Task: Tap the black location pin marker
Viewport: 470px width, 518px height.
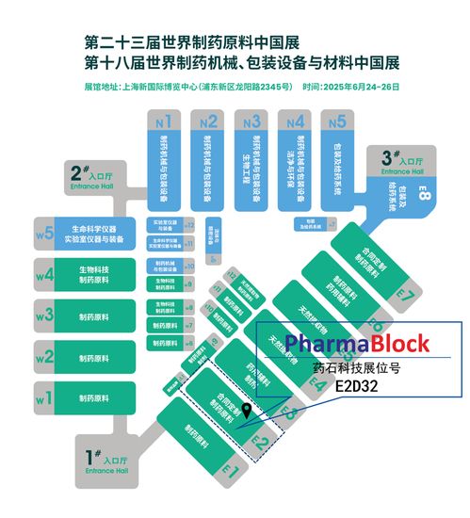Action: point(247,411)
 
